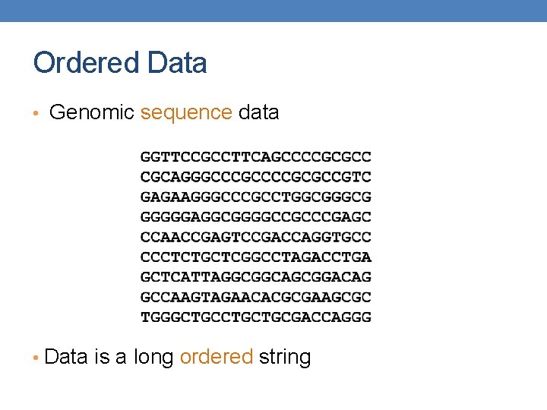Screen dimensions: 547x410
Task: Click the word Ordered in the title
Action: click(x=86, y=63)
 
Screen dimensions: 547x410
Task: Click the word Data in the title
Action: click(x=179, y=63)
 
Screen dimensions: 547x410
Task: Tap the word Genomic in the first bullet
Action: click(x=91, y=113)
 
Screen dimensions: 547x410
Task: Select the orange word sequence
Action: click(x=186, y=113)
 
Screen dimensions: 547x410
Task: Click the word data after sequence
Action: click(x=258, y=113)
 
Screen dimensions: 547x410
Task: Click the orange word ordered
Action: click(x=217, y=357)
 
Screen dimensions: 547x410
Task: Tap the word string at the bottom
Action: click(x=285, y=358)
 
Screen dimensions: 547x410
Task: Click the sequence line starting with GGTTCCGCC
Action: click(x=256, y=158)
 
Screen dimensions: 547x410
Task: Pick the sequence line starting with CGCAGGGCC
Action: click(x=256, y=178)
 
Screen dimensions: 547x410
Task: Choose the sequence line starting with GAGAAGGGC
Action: click(x=256, y=197)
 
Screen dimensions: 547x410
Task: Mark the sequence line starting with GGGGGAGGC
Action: click(x=256, y=217)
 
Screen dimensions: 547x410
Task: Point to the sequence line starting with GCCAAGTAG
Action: click(x=256, y=297)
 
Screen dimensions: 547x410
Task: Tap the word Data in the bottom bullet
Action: click(x=67, y=357)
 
